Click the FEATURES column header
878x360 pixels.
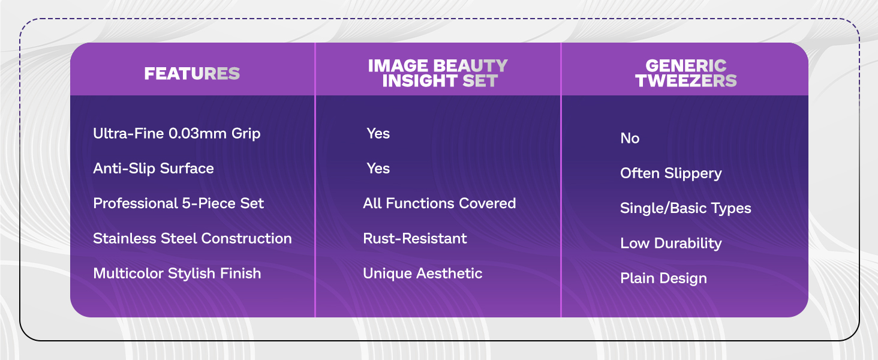click(x=192, y=73)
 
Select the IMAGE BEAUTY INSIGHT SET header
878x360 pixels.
click(x=438, y=73)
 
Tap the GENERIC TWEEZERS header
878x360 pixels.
click(x=686, y=73)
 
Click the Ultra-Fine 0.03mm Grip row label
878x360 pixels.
click(x=177, y=134)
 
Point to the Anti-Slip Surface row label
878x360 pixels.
click(x=154, y=169)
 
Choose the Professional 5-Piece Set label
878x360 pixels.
click(x=178, y=203)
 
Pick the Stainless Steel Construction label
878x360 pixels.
click(x=193, y=238)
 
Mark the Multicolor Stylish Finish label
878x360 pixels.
click(x=177, y=274)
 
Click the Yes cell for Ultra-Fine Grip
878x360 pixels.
click(x=378, y=133)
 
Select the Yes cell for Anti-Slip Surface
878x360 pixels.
click(x=378, y=168)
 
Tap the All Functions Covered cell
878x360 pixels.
click(x=440, y=203)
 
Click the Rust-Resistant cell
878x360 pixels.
click(x=414, y=238)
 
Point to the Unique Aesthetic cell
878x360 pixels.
click(x=423, y=274)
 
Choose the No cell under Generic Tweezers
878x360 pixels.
click(x=630, y=138)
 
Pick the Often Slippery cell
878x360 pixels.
click(x=670, y=173)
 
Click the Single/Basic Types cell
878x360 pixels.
click(x=685, y=208)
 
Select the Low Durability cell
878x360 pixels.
click(x=670, y=243)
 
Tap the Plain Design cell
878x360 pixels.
click(x=663, y=278)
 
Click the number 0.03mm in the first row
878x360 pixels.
click(x=197, y=133)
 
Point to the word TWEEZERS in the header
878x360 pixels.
click(x=686, y=81)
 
